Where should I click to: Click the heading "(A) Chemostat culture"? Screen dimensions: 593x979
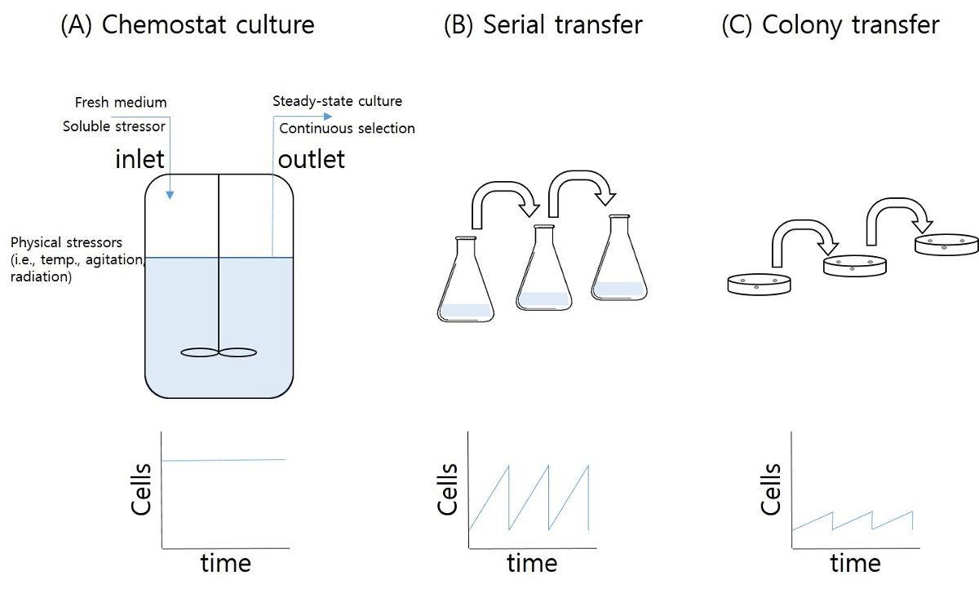click(187, 24)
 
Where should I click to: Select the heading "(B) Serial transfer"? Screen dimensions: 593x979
click(543, 24)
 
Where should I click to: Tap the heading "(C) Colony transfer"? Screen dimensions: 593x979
click(831, 24)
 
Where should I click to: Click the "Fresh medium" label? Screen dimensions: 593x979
click(121, 103)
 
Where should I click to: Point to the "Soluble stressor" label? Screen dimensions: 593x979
click(114, 126)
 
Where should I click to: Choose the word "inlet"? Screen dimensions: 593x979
click(140, 158)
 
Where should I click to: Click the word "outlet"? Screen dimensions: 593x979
click(312, 158)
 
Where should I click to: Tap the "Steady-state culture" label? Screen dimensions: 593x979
click(337, 101)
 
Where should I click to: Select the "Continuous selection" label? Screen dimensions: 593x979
click(347, 128)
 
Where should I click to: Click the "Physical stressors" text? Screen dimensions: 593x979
click(66, 243)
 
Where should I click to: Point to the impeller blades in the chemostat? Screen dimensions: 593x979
click(218, 352)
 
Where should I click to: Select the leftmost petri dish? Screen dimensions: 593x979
click(759, 283)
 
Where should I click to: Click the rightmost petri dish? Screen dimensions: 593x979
click(946, 243)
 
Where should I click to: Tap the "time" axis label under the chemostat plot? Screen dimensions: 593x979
click(226, 563)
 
